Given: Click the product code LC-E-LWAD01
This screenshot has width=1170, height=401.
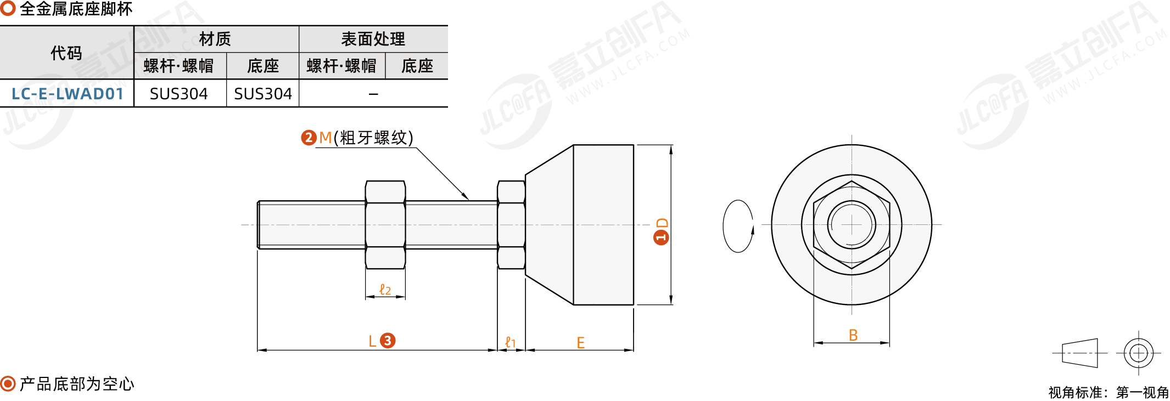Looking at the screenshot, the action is tap(68, 94).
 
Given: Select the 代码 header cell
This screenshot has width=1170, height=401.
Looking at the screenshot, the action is tap(66, 53).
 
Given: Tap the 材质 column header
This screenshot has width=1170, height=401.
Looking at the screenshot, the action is tap(215, 39).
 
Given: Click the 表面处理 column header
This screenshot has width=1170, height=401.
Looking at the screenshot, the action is tap(373, 39).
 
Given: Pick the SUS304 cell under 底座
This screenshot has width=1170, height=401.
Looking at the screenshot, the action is tap(263, 94).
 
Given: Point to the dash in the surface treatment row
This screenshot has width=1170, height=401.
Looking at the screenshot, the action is tap(373, 94).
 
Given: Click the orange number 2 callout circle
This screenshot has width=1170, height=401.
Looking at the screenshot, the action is tap(309, 137).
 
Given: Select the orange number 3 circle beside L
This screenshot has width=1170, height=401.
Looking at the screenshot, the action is tap(388, 341).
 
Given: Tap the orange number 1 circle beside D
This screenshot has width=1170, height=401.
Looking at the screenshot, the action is tap(661, 237).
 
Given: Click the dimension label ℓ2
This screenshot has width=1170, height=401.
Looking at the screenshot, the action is tap(385, 290).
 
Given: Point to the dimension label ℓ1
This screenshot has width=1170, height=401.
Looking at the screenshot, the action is tap(511, 343).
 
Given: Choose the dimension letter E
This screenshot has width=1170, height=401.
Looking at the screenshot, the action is tap(581, 343).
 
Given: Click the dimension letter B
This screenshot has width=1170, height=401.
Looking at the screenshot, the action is tap(853, 335).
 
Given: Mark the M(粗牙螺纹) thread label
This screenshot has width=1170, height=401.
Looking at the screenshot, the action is tap(366, 137).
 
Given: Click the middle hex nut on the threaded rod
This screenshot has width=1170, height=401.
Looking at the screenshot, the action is tap(385, 225).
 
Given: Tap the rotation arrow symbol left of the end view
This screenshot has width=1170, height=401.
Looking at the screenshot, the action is tap(738, 226).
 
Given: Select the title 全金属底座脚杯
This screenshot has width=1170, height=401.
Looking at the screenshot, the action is tap(76, 9).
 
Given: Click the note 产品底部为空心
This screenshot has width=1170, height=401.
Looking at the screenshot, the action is tap(77, 384).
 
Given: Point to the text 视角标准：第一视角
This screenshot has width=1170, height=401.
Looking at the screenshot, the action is tap(1109, 393).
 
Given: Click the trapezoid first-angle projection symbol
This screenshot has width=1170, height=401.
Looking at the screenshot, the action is tap(1080, 353).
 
